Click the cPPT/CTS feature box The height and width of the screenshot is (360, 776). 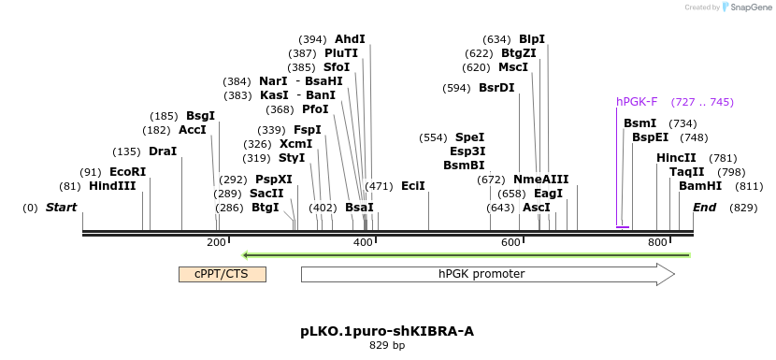pyautogui.click(x=222, y=274)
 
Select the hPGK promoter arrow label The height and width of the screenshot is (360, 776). pyautogui.click(x=481, y=274)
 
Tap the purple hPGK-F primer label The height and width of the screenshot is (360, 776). pyautogui.click(x=637, y=102)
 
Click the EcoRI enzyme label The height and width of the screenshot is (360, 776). pyautogui.click(x=127, y=172)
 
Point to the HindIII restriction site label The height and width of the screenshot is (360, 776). pyautogui.click(x=112, y=186)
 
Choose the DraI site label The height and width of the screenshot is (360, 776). pyautogui.click(x=163, y=151)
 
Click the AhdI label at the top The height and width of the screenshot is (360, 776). pyautogui.click(x=350, y=39)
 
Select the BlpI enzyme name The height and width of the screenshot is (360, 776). pyautogui.click(x=532, y=39)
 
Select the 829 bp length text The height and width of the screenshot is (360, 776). pyautogui.click(x=387, y=346)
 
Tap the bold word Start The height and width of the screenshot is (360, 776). pyautogui.click(x=61, y=207)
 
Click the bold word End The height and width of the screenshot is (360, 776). pyautogui.click(x=705, y=207)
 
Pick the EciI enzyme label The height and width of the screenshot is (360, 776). pyautogui.click(x=413, y=186)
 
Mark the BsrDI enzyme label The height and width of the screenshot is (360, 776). pyautogui.click(x=496, y=88)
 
